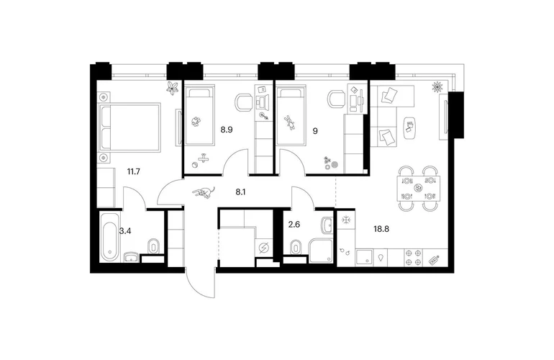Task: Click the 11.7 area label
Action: point(134,172)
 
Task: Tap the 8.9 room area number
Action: point(227,130)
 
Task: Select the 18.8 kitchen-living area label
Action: point(381,229)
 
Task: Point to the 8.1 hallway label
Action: point(240,192)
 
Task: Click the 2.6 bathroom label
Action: point(294,224)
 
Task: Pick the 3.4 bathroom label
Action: point(125,231)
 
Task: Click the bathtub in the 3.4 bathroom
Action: point(109,236)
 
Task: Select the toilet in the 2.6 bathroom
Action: point(296,246)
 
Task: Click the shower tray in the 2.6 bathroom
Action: point(321,251)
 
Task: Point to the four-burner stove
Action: point(414,258)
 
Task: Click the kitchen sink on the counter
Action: point(364,258)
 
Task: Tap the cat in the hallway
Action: point(204,192)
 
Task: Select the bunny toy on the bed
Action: point(290,122)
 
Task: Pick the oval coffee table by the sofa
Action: point(410,128)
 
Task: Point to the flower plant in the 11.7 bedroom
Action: point(173,88)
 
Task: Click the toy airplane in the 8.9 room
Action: point(203,158)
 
